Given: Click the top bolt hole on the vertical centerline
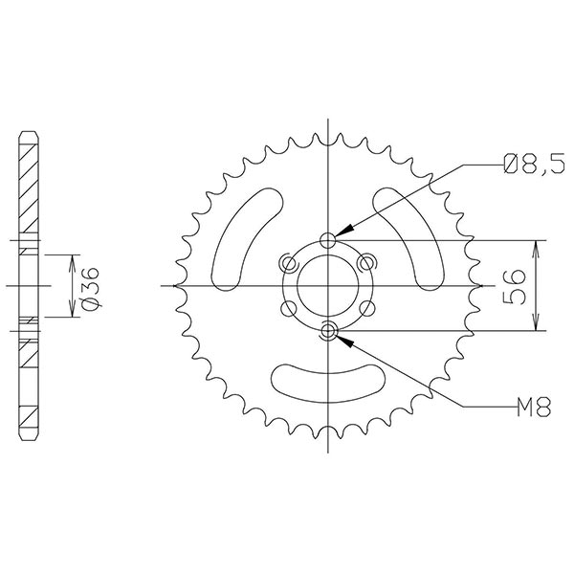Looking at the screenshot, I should (x=328, y=239).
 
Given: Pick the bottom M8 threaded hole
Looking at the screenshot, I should (x=328, y=332).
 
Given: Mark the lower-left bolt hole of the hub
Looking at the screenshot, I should (x=287, y=308).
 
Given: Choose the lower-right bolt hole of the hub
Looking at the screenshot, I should (x=368, y=308).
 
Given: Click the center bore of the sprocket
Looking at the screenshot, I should (x=328, y=285).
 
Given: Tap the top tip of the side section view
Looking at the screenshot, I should (x=29, y=131).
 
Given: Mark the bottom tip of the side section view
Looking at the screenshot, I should (x=29, y=439).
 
